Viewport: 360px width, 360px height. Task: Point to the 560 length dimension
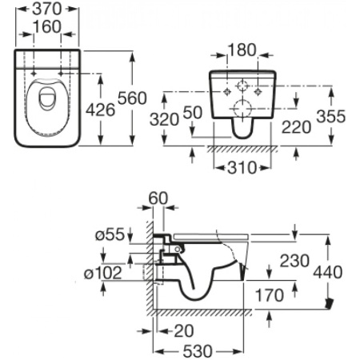pyautogui.click(x=132, y=98)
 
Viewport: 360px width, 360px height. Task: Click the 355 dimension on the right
pyautogui.click(x=330, y=116)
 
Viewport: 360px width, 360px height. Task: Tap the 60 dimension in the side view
pyautogui.click(x=158, y=197)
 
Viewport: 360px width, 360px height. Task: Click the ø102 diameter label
pyautogui.click(x=103, y=273)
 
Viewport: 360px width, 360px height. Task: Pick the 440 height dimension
pyautogui.click(x=330, y=272)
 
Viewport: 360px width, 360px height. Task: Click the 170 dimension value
pyautogui.click(x=270, y=296)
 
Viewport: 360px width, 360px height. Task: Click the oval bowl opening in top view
pyautogui.click(x=47, y=104)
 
